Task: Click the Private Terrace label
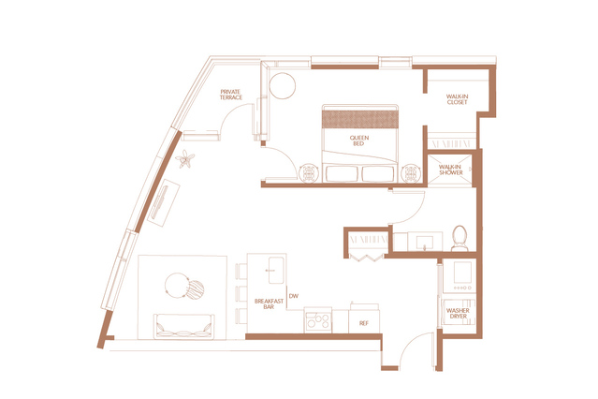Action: tap(231, 95)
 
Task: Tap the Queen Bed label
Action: tap(358, 140)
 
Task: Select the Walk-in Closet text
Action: tap(457, 99)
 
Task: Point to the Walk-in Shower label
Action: tap(450, 170)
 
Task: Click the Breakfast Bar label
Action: tap(269, 303)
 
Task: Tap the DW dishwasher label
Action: tap(294, 296)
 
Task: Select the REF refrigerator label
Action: tap(364, 323)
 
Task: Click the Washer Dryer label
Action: tap(458, 314)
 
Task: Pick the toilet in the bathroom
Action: tap(459, 239)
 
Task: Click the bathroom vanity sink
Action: tap(425, 242)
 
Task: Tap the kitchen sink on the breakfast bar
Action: tap(276, 270)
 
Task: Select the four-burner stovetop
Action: tap(318, 320)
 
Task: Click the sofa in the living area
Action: tap(183, 326)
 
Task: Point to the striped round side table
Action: tap(196, 289)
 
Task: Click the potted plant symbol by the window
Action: tap(185, 159)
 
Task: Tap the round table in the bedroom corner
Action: tap(283, 86)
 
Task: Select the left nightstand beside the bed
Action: tap(308, 173)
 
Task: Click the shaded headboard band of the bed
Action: tap(360, 119)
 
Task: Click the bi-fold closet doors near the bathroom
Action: tap(366, 258)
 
